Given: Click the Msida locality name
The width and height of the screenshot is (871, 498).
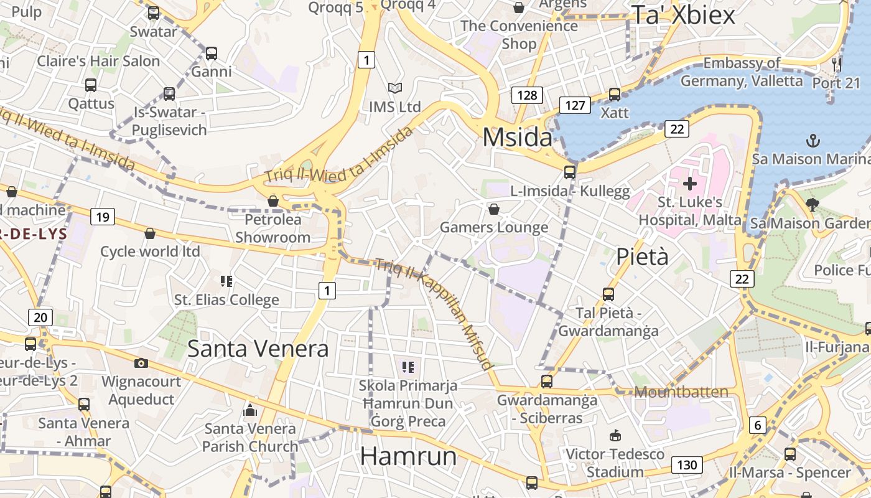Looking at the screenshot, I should [517, 138].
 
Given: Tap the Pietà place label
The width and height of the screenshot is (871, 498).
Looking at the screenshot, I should [642, 256].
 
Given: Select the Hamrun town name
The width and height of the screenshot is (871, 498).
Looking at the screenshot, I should [408, 456].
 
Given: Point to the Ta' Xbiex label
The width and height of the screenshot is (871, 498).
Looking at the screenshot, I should [683, 15].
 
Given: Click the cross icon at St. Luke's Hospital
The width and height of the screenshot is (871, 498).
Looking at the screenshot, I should [689, 184].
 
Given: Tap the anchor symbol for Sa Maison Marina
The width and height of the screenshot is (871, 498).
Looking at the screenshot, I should [813, 141].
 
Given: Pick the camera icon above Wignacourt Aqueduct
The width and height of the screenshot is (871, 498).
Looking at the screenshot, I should [141, 363].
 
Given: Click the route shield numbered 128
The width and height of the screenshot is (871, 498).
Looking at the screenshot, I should [527, 95].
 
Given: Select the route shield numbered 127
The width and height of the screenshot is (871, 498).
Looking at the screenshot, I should [574, 105].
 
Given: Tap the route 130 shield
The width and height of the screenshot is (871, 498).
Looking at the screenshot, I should [686, 464].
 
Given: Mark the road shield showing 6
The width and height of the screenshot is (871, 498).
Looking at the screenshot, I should [757, 425].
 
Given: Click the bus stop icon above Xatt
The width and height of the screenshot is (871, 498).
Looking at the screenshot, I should [615, 95].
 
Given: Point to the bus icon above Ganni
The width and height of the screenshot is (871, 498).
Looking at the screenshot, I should [212, 54].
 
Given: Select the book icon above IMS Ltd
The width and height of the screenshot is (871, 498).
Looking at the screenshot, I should [394, 88].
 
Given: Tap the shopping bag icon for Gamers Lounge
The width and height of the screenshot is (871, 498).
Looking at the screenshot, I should [494, 209].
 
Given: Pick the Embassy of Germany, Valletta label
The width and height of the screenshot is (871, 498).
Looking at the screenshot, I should [742, 72].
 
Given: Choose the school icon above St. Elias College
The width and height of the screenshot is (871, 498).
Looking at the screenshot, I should [226, 281].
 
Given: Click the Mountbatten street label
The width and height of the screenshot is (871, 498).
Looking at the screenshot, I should [681, 392].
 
